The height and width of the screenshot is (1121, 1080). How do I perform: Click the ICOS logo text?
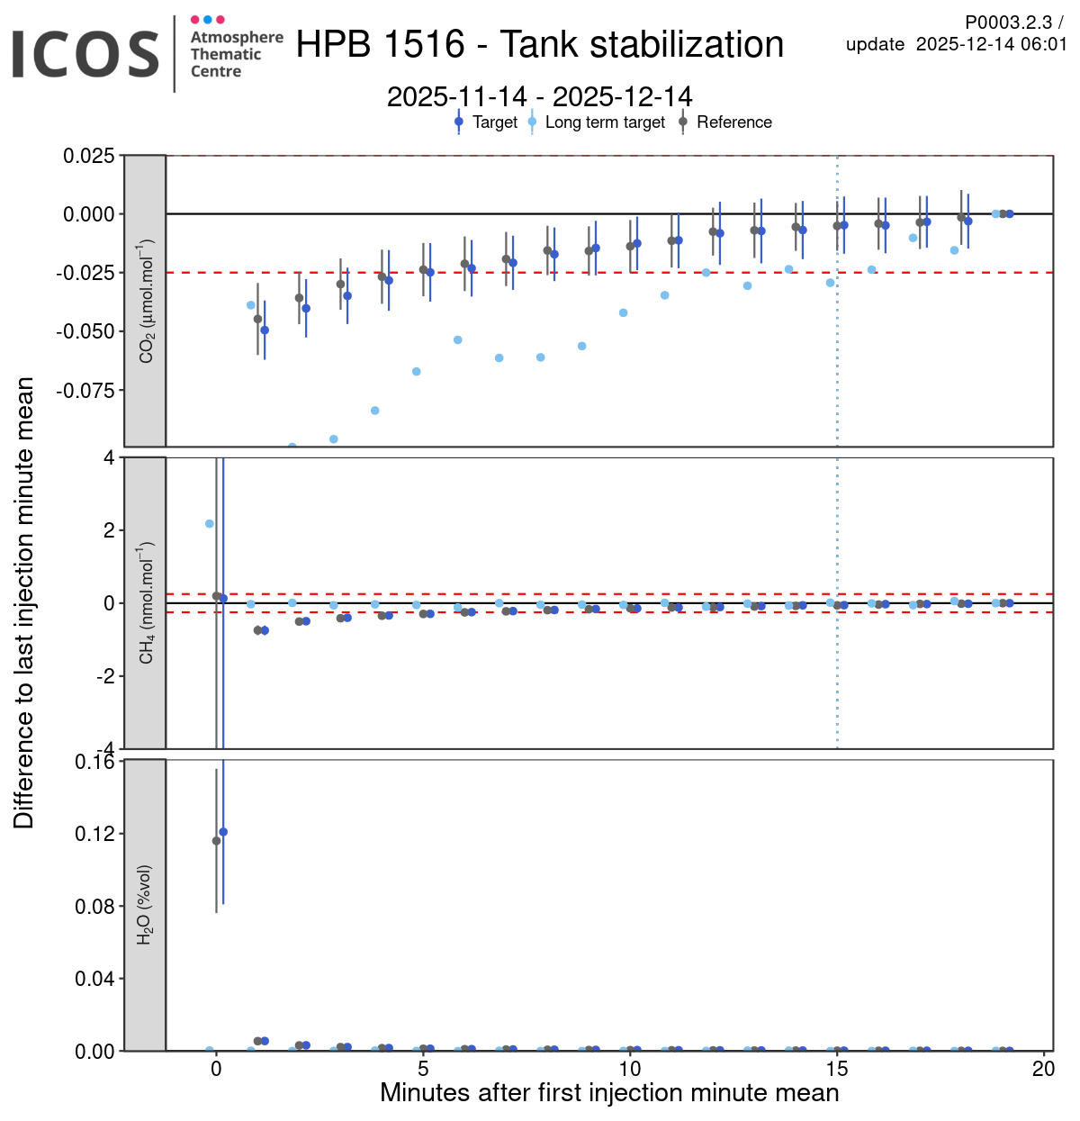[x=85, y=54]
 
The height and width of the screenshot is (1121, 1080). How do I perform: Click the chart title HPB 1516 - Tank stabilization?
[x=540, y=45]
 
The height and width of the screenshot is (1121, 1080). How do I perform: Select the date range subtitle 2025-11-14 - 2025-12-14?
[x=540, y=96]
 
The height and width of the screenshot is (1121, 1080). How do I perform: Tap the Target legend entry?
[x=494, y=122]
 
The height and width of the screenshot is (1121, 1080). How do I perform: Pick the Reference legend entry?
[x=733, y=122]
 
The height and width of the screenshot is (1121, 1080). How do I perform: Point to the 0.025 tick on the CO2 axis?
[x=89, y=156]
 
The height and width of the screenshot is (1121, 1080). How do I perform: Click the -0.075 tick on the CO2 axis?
[x=85, y=391]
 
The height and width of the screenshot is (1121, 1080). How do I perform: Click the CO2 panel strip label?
[x=146, y=301]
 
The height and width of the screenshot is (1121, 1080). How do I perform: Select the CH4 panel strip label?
[x=146, y=603]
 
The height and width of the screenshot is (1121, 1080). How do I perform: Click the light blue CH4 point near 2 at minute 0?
[x=210, y=523]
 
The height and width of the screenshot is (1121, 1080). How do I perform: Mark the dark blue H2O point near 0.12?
[x=223, y=832]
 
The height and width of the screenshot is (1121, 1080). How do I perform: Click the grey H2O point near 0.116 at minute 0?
[x=216, y=841]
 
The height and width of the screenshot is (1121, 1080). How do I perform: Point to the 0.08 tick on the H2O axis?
[x=94, y=907]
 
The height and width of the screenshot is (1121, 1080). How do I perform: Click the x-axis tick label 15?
[x=837, y=1069]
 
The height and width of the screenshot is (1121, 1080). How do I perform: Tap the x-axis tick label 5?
[x=423, y=1069]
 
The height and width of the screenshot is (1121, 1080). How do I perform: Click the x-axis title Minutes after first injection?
[x=609, y=1093]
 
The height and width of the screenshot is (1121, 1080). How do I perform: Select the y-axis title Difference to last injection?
[x=24, y=603]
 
